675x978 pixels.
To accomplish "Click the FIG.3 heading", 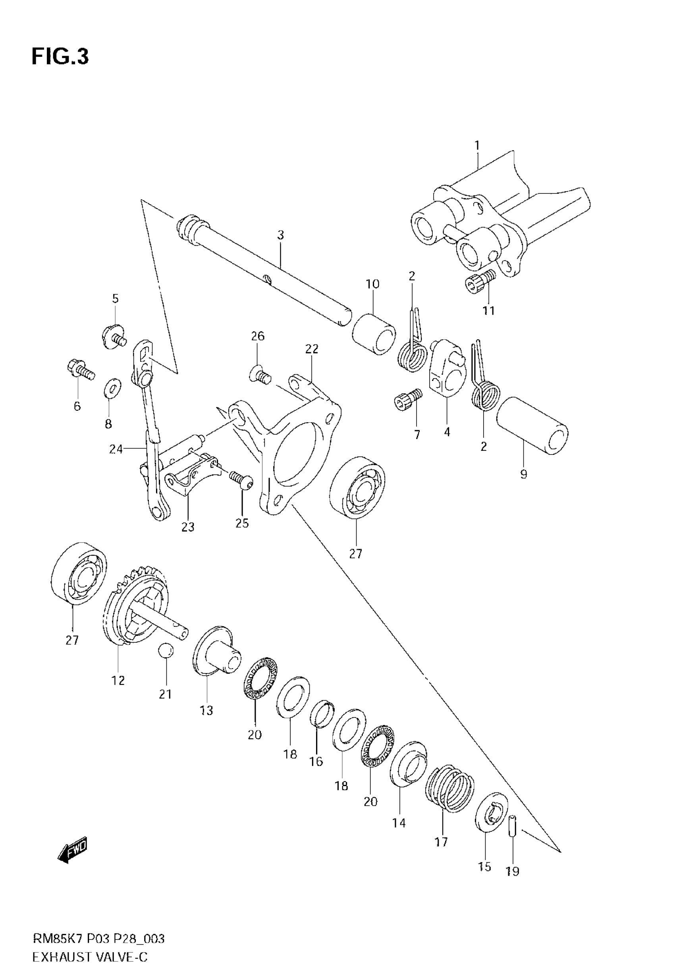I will (x=60, y=57).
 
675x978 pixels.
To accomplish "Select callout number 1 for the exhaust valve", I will (x=477, y=146).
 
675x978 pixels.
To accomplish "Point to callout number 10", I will (x=372, y=284).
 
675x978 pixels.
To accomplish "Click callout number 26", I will (x=258, y=336).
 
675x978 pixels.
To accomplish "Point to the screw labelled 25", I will (x=241, y=480).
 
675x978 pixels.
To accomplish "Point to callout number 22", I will (x=312, y=349).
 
